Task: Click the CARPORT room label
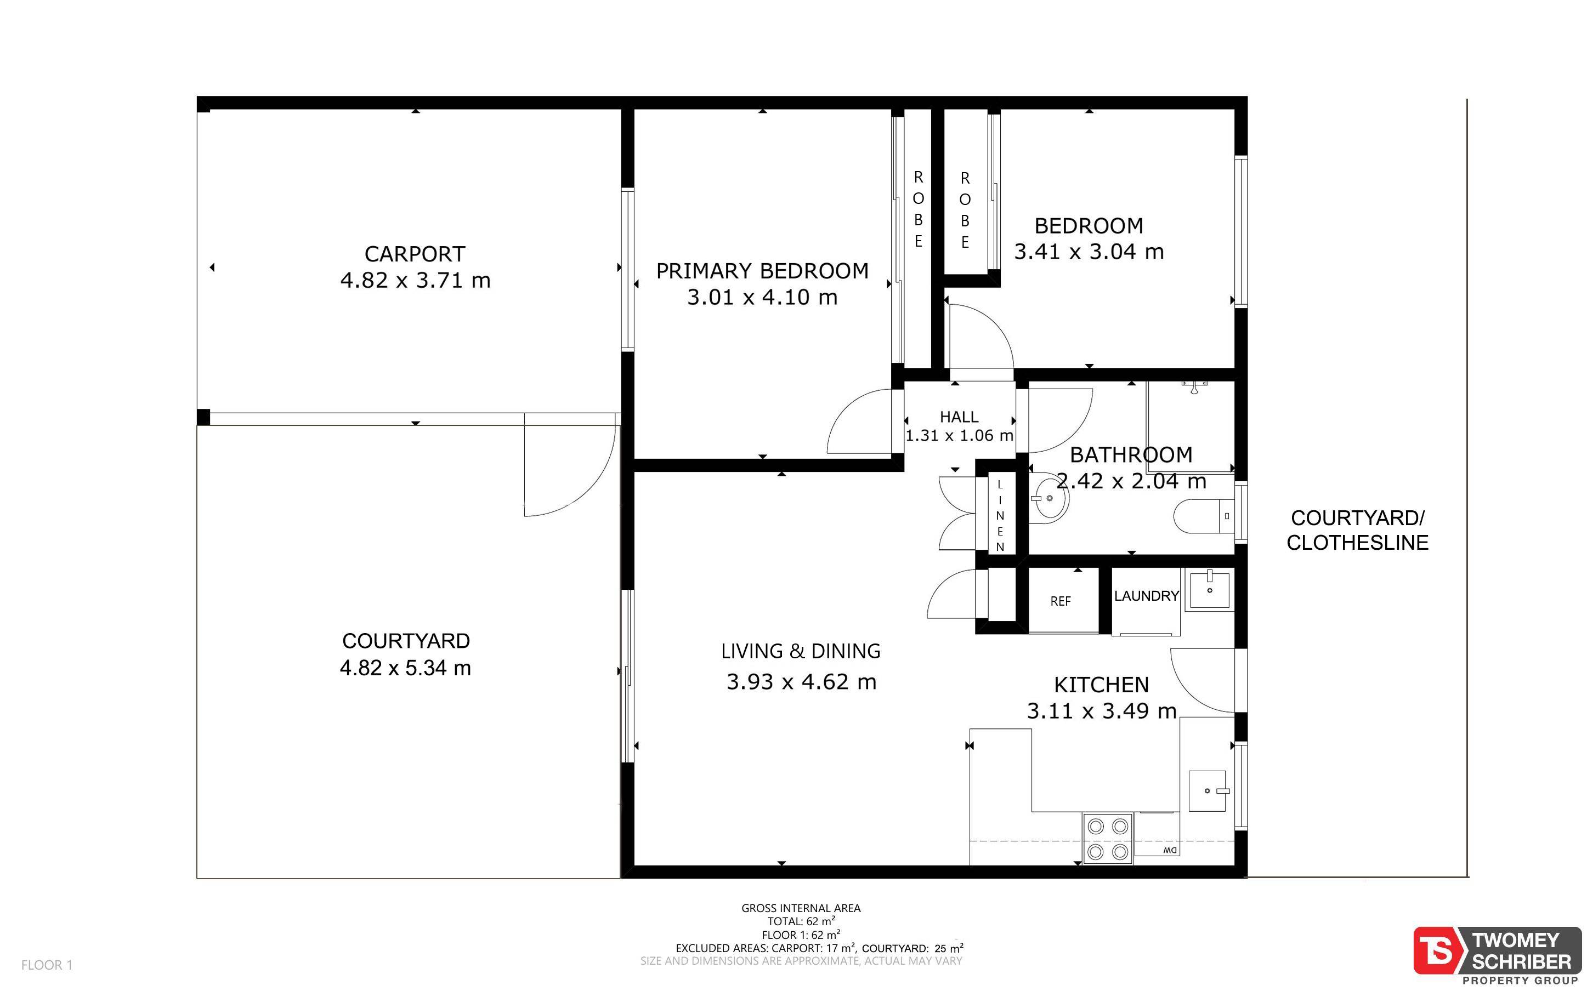[415, 254]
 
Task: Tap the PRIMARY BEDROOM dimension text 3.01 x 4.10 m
[762, 297]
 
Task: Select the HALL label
[959, 417]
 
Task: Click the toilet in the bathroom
[1204, 516]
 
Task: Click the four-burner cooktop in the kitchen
[1108, 838]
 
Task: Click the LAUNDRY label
[1147, 596]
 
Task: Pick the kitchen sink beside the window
[1208, 790]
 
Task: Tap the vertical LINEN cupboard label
[1000, 515]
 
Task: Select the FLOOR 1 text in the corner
[47, 965]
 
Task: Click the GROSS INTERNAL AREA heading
[801, 908]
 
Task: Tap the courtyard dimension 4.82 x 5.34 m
[405, 668]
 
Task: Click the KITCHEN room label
[1101, 684]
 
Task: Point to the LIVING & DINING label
[801, 651]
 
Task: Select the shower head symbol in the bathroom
[1195, 387]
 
